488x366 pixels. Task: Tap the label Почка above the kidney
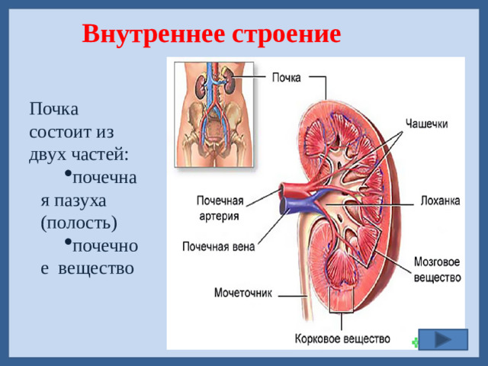click(x=287, y=77)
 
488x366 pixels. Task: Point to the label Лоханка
click(x=440, y=201)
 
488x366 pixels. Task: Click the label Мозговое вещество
click(x=437, y=269)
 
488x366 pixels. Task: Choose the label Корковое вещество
click(x=342, y=339)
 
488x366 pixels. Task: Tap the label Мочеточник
click(x=242, y=292)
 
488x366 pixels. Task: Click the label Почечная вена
click(x=218, y=246)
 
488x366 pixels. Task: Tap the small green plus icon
click(x=415, y=342)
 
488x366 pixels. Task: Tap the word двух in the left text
click(x=47, y=153)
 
